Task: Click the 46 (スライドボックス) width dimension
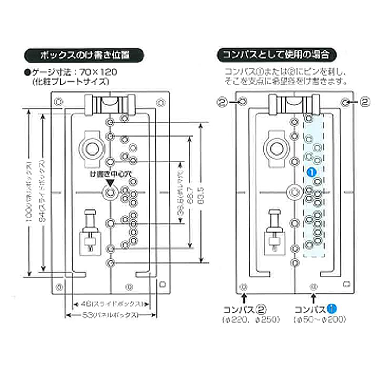[109, 303]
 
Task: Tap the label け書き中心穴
[110, 174]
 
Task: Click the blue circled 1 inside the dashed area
[312, 172]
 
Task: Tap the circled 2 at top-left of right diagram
[221, 101]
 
